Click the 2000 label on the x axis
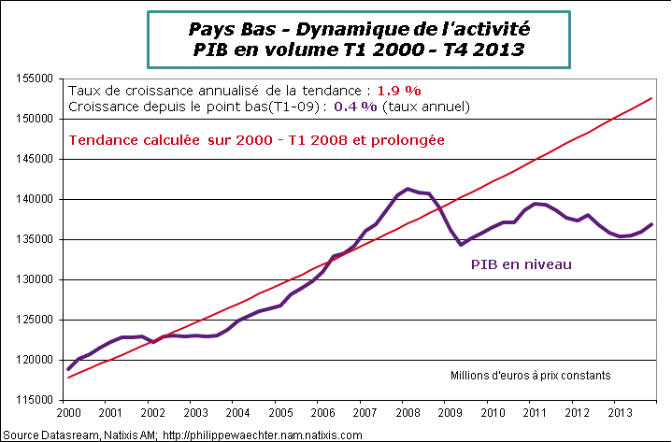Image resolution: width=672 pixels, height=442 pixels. (x=67, y=411)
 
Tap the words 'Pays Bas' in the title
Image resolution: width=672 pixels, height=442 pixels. (x=218, y=29)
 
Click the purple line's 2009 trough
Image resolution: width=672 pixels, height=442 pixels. (x=462, y=245)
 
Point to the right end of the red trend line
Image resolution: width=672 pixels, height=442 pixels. (x=651, y=98)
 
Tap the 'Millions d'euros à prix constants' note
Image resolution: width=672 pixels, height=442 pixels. (x=530, y=376)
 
